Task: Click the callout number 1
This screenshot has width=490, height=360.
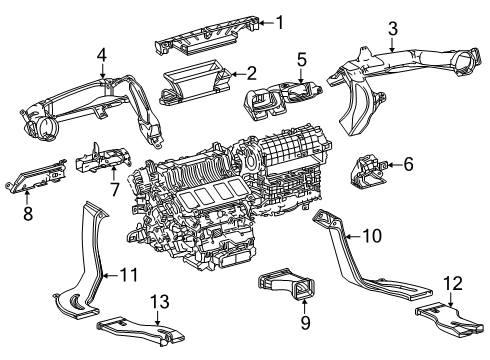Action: (280, 23)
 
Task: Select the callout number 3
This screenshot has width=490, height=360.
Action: (393, 29)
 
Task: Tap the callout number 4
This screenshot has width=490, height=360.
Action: (102, 55)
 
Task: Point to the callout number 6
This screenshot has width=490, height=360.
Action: (408, 164)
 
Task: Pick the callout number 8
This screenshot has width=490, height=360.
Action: (28, 213)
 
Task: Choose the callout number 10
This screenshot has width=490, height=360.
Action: (371, 236)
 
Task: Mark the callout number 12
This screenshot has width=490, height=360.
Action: (453, 283)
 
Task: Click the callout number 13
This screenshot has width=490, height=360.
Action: (160, 302)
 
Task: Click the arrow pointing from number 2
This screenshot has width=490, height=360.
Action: (238, 74)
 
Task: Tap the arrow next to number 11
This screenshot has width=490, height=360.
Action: (110, 275)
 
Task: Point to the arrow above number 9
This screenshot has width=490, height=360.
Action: (304, 307)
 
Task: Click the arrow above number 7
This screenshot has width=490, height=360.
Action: (114, 174)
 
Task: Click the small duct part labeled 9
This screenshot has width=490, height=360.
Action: (287, 283)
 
